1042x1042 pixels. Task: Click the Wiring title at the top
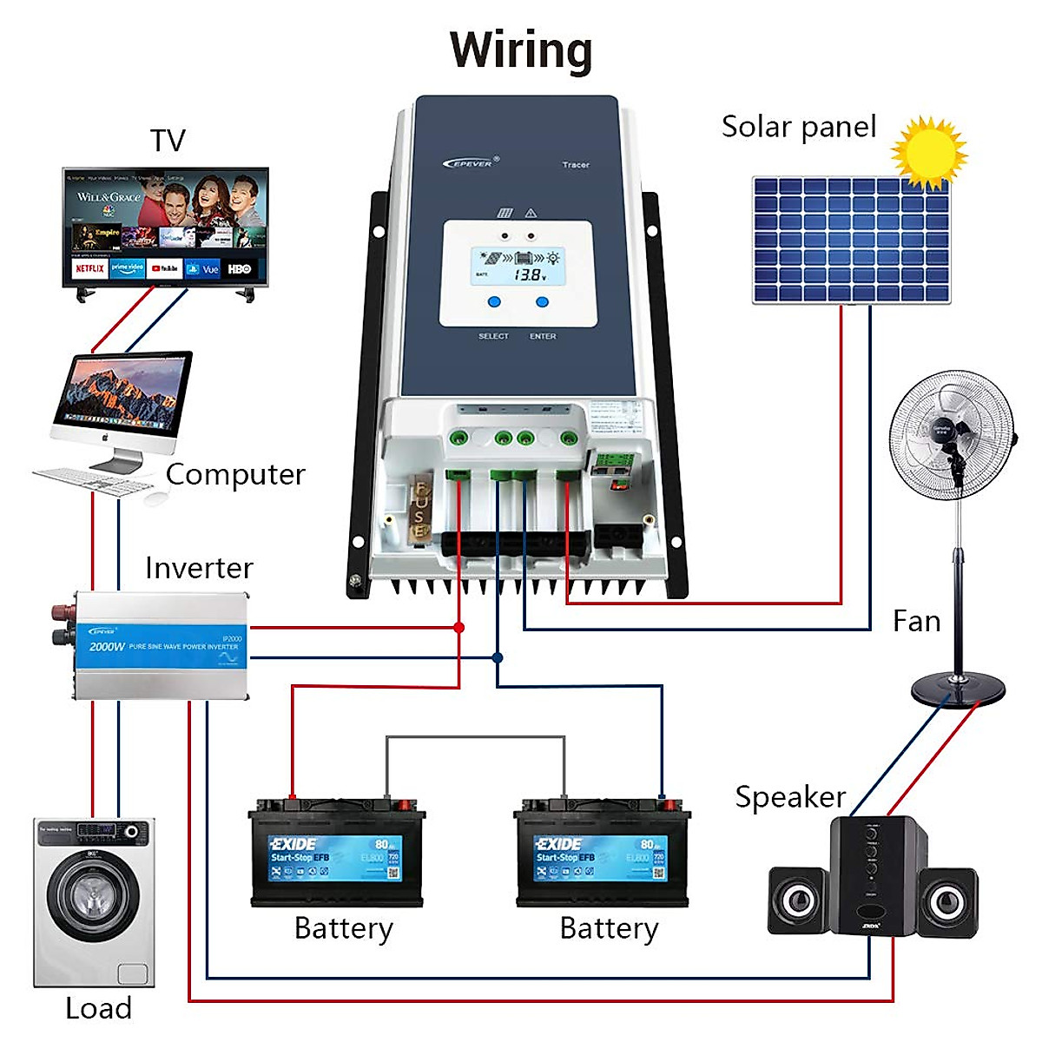pos(521,50)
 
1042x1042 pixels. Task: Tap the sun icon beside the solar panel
pos(928,153)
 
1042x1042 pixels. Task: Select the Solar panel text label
pos(799,127)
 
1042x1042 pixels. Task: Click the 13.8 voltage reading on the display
pos(529,274)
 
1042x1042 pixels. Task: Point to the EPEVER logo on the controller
pos(470,162)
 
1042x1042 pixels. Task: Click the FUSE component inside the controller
pos(420,512)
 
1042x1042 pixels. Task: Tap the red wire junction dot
pos(459,627)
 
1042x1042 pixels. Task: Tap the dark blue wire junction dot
pos(497,658)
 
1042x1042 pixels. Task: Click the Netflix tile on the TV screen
pos(89,269)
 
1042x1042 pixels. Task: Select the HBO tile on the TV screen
pos(240,269)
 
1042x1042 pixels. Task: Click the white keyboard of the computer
pos(91,480)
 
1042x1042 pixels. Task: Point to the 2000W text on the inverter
pos(106,647)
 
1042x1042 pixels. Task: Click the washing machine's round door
pos(93,894)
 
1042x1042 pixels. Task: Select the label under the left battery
pos(344,928)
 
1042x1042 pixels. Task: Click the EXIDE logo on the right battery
pos(558,844)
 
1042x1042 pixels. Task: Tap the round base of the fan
pos(958,690)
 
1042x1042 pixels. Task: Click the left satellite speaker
pos(797,900)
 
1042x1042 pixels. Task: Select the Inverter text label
pos(199,568)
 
